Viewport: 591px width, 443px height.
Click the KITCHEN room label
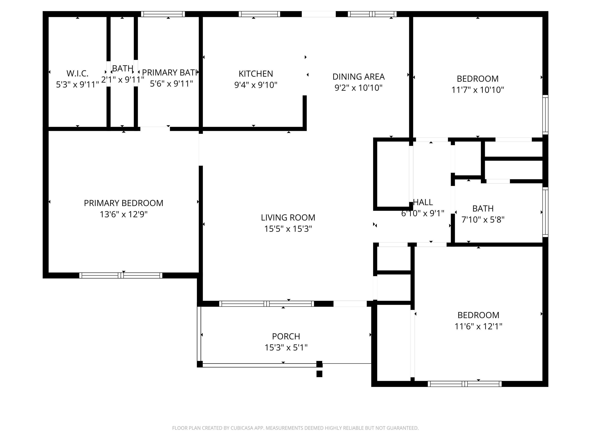point(256,74)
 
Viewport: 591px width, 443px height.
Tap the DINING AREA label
point(359,77)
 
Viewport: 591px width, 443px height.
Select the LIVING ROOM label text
point(288,218)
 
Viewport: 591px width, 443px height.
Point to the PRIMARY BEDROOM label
point(124,203)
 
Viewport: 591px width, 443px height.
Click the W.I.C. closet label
point(78,73)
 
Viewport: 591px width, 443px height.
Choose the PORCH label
point(286,336)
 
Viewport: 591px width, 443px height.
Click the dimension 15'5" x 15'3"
point(288,229)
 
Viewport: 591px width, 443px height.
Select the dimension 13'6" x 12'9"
point(124,214)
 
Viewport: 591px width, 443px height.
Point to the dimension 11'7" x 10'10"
point(478,90)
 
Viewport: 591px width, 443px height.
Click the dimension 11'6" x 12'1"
point(478,326)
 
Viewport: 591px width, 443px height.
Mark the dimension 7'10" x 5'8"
point(483,220)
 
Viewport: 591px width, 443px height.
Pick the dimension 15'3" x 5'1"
point(286,348)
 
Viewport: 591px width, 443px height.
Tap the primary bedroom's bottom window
point(121,276)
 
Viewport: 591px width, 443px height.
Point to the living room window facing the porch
point(267,304)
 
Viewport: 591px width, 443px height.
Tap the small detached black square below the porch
point(319,374)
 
